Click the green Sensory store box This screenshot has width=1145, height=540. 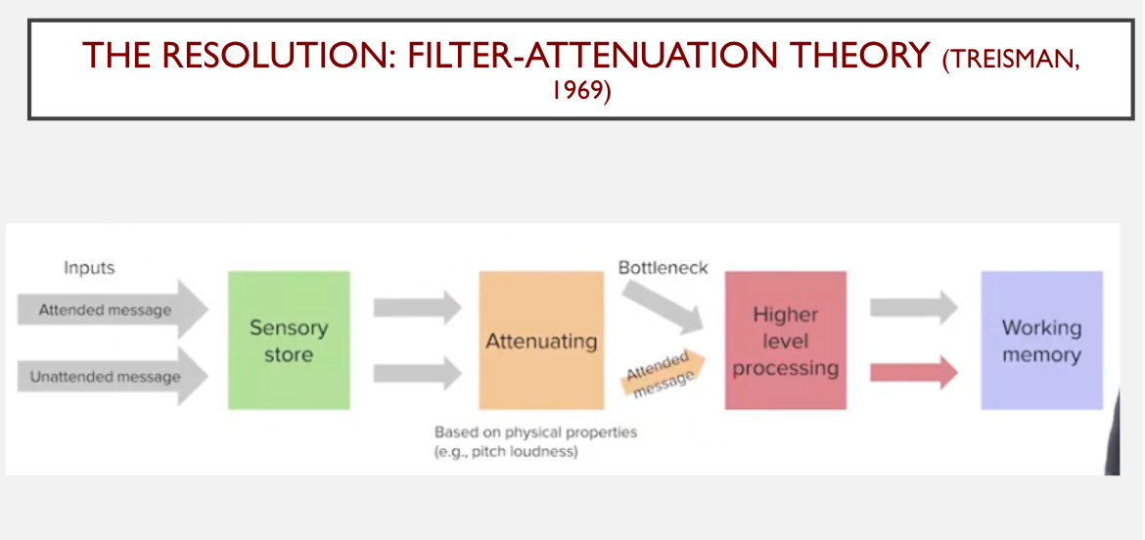pyautogui.click(x=289, y=340)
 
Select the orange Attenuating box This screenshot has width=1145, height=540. pyautogui.click(x=541, y=340)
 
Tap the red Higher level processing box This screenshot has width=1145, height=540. pyautogui.click(x=786, y=340)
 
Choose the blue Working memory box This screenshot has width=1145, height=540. pyautogui.click(x=1042, y=340)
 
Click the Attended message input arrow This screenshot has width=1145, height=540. pyautogui.click(x=114, y=309)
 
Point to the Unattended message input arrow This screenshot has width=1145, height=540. pyautogui.click(x=114, y=377)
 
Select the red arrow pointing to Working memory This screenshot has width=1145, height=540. pyautogui.click(x=914, y=373)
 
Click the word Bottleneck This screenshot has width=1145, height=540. pyautogui.click(x=664, y=268)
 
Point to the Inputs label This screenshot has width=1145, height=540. pyautogui.click(x=89, y=268)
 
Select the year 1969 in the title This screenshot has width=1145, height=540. pyautogui.click(x=581, y=93)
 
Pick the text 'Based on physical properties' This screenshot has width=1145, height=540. pyautogui.click(x=535, y=432)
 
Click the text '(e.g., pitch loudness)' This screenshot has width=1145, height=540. pyautogui.click(x=506, y=452)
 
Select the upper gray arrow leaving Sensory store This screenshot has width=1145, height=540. pyautogui.click(x=418, y=307)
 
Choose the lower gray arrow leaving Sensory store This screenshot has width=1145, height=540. pyautogui.click(x=418, y=373)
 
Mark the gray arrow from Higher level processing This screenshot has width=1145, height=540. pyautogui.click(x=914, y=307)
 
